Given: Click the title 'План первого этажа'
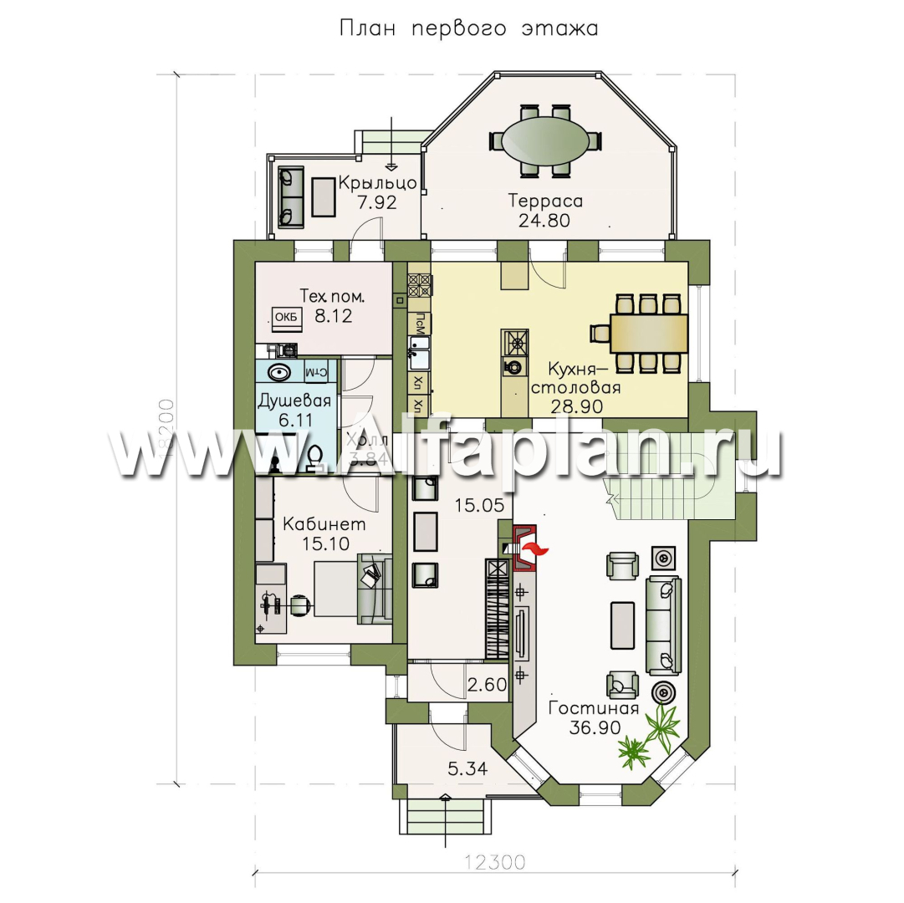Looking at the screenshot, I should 468,28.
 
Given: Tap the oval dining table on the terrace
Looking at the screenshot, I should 538,140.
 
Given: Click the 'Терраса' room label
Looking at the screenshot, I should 545,201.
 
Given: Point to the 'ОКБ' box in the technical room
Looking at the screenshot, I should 286,317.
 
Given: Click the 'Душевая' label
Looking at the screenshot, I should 294,400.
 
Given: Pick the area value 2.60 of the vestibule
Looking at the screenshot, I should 488,686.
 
